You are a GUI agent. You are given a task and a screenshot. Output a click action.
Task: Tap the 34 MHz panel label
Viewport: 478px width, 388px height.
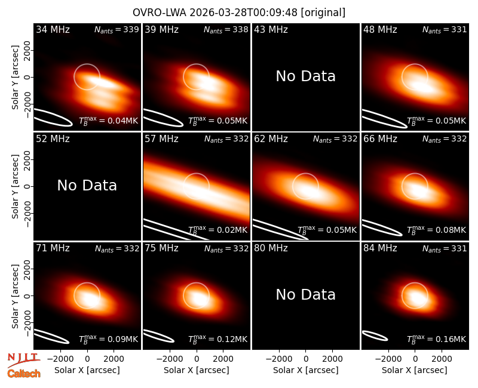(x=53, y=29)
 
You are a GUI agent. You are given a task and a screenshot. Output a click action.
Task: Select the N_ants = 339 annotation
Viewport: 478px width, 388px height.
(x=117, y=29)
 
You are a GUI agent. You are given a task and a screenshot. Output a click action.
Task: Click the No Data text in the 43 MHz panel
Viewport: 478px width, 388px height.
(x=305, y=76)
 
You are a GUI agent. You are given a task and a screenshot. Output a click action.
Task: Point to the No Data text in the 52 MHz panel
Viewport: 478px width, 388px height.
(x=87, y=185)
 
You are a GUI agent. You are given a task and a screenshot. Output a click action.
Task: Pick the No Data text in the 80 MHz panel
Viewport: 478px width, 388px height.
(x=305, y=294)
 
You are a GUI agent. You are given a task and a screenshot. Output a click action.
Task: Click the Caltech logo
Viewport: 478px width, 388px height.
(x=24, y=374)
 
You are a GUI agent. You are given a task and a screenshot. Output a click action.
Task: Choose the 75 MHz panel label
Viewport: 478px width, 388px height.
(x=161, y=248)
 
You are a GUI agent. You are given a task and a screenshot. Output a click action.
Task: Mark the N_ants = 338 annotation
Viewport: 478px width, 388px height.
(x=226, y=29)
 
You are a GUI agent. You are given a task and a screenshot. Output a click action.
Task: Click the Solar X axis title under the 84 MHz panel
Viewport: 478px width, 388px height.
(x=415, y=370)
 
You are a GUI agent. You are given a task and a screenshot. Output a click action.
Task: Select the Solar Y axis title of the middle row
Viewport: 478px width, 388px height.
(x=15, y=186)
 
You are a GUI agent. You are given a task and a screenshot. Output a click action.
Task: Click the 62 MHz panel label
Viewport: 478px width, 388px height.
(x=271, y=139)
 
